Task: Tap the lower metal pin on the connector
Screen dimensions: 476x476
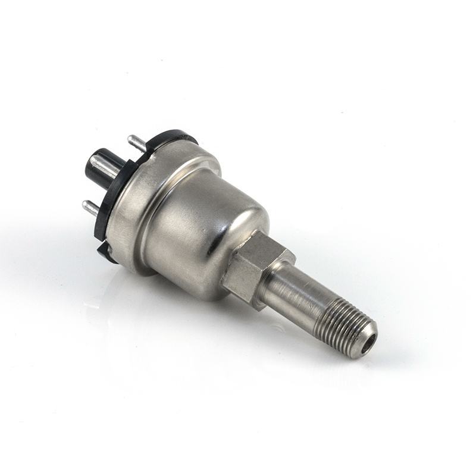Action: tap(90, 208)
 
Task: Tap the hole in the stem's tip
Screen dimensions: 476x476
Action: tap(369, 341)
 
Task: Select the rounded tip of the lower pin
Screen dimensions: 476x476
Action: tap(85, 206)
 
